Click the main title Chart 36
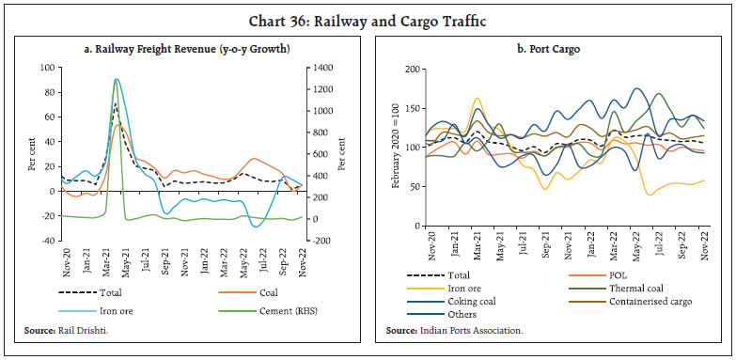368,13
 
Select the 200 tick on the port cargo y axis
409,69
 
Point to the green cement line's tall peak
116,80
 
